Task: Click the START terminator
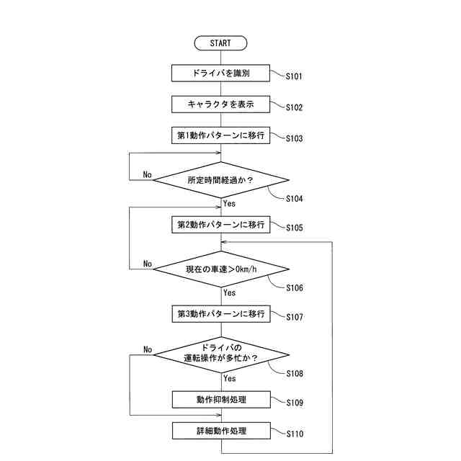pos(220,43)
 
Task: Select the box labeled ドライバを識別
pos(220,73)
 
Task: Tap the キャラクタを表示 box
pos(220,104)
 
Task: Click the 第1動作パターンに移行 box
pos(220,135)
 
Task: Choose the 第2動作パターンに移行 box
pos(220,225)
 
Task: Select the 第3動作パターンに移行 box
pos(220,314)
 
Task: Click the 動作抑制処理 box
pos(220,400)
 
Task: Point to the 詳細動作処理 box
pos(220,431)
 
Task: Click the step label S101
pos(295,76)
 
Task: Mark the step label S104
pos(295,198)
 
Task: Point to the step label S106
pos(295,288)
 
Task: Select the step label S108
pos(295,374)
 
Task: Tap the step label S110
pos(295,434)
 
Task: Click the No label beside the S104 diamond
pos(147,175)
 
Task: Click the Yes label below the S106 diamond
pos(229,293)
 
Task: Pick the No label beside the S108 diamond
pos(148,350)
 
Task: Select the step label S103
pos(295,138)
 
